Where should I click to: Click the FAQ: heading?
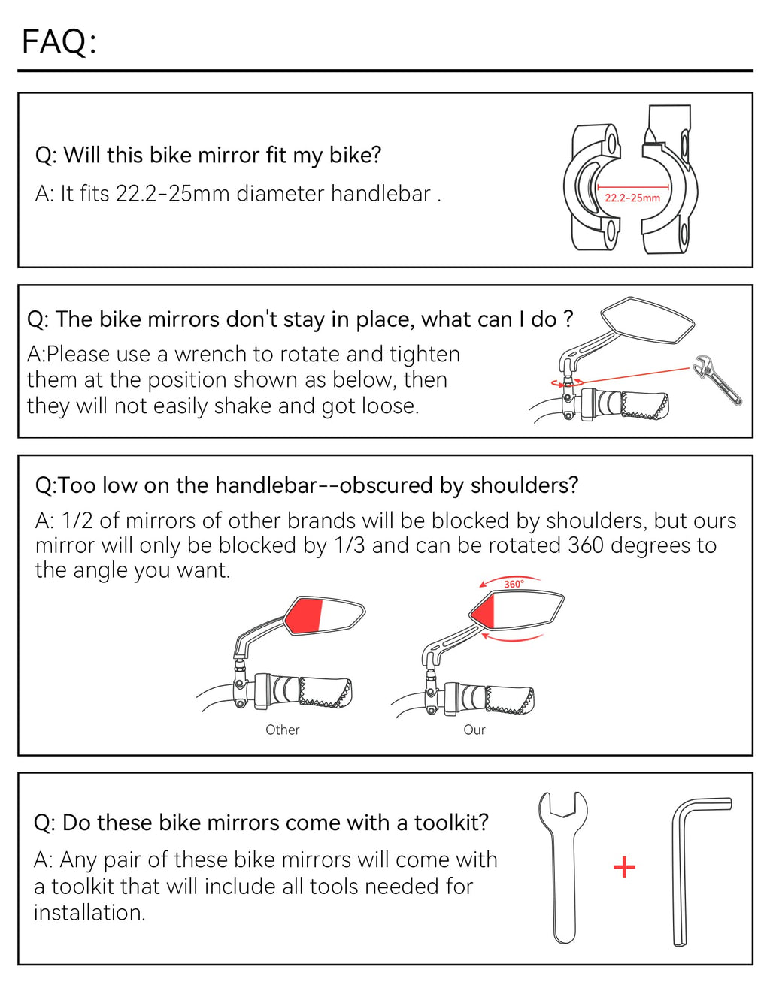coord(59,41)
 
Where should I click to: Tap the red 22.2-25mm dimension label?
coord(632,198)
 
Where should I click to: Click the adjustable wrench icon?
coord(717,380)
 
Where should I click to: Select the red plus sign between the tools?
coord(624,867)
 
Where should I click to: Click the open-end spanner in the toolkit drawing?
coord(562,867)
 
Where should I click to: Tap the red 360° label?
coord(514,584)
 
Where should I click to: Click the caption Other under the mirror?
coord(282,730)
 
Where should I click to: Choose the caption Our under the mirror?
coord(474,730)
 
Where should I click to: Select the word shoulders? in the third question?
coord(524,485)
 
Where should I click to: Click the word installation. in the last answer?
coord(89,912)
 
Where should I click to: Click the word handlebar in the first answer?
coord(380,193)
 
